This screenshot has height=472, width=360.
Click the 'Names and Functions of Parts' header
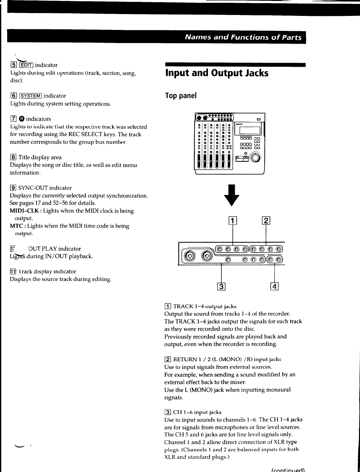(x=243, y=37)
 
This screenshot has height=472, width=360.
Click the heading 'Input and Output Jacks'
(x=217, y=73)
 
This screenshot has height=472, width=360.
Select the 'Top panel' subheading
(x=181, y=95)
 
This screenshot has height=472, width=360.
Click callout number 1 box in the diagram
(x=233, y=221)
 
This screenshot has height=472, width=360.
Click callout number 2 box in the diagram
(x=266, y=221)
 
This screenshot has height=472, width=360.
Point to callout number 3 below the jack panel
(x=221, y=286)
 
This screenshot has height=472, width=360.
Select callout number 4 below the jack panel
(x=274, y=286)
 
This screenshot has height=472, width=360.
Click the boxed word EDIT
(x=26, y=65)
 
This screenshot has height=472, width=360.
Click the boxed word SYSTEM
(x=30, y=96)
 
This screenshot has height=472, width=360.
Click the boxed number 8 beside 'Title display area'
(x=13, y=157)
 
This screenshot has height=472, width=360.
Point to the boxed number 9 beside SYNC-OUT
(x=13, y=188)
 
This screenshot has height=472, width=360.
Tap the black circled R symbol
(x=22, y=119)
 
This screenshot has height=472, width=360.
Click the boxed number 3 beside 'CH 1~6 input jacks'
(x=168, y=412)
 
